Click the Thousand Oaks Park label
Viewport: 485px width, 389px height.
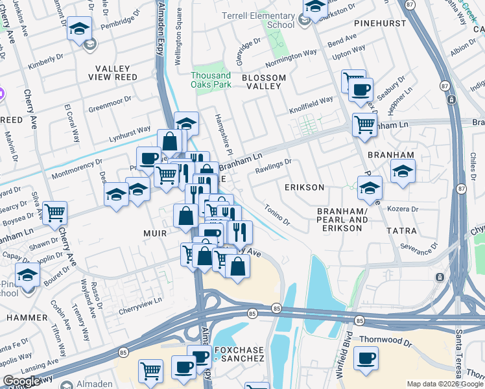[211, 80]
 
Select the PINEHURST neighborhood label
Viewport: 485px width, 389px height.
[380, 23]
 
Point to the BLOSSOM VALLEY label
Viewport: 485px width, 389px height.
[263, 78]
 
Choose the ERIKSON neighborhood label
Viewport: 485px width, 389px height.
[304, 187]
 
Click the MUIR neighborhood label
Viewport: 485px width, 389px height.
[155, 233]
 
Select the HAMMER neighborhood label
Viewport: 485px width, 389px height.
[27, 318]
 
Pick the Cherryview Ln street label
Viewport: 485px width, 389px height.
[140, 303]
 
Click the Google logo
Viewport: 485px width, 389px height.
[21, 381]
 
